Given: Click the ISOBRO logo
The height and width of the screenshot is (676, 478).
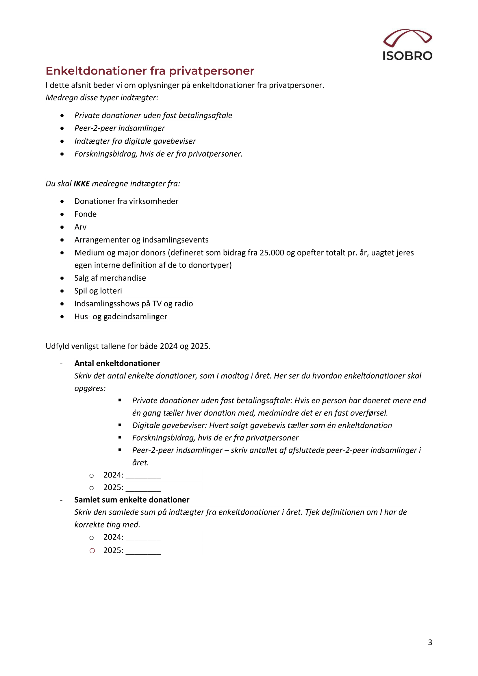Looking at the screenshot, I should point(407,45).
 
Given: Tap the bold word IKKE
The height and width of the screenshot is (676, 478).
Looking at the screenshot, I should point(81,184).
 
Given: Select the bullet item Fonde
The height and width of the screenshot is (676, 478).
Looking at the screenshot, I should point(85,214).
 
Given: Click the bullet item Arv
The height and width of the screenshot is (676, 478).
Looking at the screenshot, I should point(80,227).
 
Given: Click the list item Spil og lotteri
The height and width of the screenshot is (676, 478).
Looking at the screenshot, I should point(98,291).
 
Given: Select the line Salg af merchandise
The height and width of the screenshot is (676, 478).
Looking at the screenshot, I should point(110,278).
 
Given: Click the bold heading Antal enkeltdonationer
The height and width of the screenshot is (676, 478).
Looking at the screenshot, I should point(117,363).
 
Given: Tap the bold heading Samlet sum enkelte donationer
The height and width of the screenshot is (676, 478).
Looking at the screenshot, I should point(131,500).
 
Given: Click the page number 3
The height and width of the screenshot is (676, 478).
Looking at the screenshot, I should point(430,642).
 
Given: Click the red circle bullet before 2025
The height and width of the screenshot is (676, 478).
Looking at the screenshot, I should point(92,551).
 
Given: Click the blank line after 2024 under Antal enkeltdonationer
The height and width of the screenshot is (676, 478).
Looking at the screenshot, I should point(143,475).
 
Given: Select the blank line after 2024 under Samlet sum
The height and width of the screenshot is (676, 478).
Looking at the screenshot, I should point(143,538).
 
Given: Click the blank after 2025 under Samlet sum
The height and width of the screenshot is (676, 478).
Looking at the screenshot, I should point(143,551).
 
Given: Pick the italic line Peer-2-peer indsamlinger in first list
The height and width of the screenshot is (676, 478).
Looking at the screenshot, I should point(120,128).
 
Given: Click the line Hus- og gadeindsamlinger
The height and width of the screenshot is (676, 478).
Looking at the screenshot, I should point(121,316).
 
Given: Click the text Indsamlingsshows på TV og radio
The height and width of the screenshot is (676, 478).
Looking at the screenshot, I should point(134,303).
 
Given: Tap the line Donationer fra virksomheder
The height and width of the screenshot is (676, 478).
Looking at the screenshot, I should point(126,201).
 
